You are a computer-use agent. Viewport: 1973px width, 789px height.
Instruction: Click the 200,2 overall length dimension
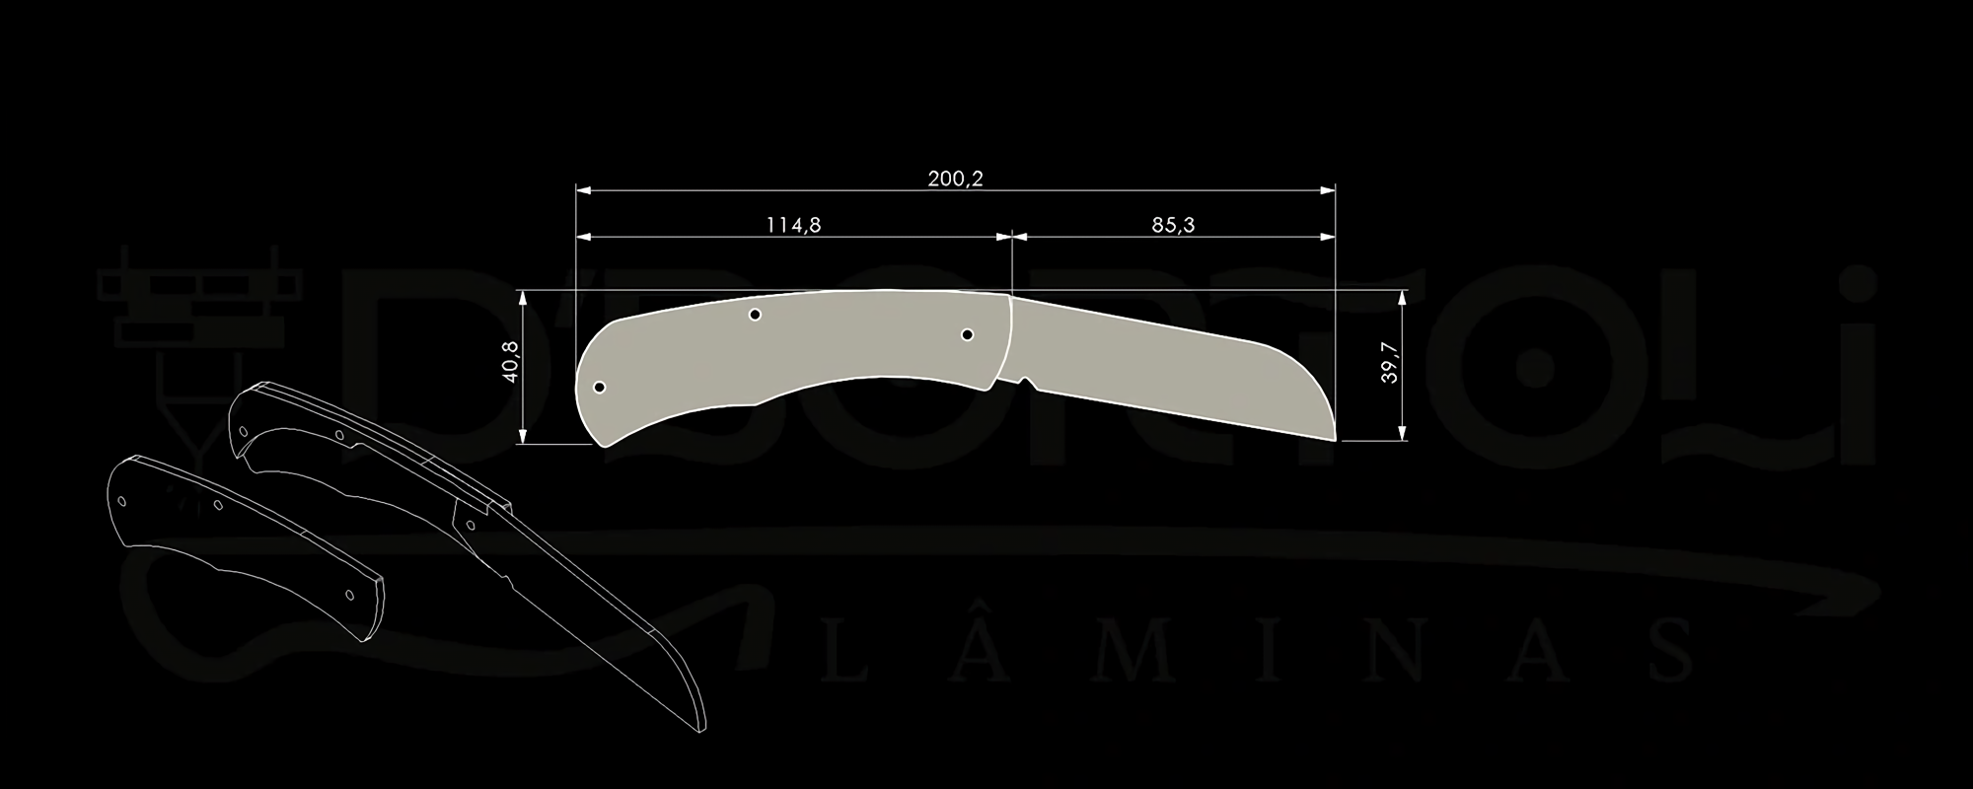coord(955,179)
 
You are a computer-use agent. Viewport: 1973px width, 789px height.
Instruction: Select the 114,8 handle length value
coord(793,225)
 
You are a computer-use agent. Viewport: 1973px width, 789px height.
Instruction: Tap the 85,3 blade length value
coord(1173,225)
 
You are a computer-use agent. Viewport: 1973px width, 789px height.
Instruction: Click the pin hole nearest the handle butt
coord(600,388)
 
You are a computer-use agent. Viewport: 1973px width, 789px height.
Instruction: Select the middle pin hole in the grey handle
coord(755,315)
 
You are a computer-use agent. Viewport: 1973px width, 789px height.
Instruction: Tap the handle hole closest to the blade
coord(968,335)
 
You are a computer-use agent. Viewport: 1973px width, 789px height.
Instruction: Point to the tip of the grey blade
coord(1335,440)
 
